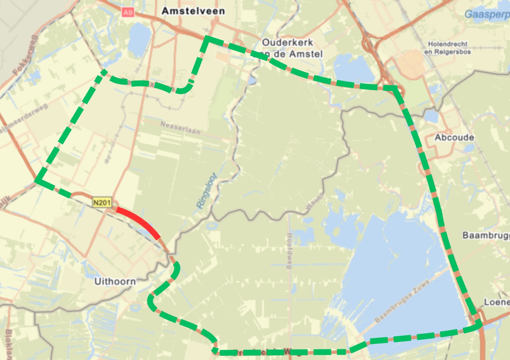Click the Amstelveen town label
click(x=193, y=11)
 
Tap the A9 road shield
click(x=128, y=13)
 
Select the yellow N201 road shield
click(x=102, y=202)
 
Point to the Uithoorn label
click(x=115, y=281)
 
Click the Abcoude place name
click(x=454, y=137)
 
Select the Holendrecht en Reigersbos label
click(x=448, y=48)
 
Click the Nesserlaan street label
click(x=180, y=128)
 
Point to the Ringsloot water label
click(x=207, y=191)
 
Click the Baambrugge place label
click(x=486, y=235)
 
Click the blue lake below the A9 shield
click(x=139, y=39)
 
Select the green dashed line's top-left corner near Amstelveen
click(x=208, y=38)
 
